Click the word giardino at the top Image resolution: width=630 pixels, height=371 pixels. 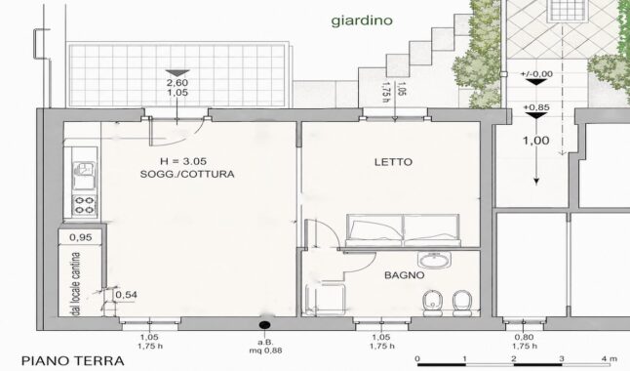coord(362,21)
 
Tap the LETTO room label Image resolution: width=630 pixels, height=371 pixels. coord(393,162)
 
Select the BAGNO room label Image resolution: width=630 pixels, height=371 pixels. coord(404,275)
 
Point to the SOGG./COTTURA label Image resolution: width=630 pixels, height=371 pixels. coord(187,174)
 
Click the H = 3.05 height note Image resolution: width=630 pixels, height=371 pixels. coord(183,161)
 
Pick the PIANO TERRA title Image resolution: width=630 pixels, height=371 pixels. coord(73,360)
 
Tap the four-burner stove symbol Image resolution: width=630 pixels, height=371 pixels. coord(85,204)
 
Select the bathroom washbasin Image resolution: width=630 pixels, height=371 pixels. coord(434,260)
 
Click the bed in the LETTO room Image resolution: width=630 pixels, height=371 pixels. coord(403,230)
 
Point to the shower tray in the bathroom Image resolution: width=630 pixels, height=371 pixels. coord(326,300)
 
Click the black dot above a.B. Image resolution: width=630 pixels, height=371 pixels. coord(265,324)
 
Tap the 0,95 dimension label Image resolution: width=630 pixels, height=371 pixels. coord(80,237)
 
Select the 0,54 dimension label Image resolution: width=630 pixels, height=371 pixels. coord(126,295)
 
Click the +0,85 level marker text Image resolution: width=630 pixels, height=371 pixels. coord(536,107)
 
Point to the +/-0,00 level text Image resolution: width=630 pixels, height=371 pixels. coord(536,74)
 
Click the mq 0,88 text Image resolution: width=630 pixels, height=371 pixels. coord(265,350)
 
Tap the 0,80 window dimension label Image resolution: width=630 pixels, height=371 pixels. coord(525,337)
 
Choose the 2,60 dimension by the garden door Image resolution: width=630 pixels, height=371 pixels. coord(177,83)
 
